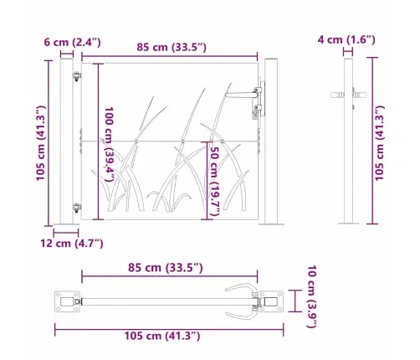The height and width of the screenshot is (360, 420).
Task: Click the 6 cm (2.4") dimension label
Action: tap(72, 43)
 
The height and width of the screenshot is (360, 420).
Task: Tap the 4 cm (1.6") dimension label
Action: tap(346, 39)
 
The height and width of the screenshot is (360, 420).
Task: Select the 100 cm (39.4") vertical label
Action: tap(109, 144)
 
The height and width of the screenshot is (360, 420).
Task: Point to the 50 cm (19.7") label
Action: tap(214, 181)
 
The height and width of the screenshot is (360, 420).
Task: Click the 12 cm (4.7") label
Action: tap(72, 244)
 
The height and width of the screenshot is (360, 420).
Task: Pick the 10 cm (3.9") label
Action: tap(312, 296)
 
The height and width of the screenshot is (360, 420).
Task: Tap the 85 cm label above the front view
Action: tap(172, 47)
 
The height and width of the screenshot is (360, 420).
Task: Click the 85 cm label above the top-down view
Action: tap(166, 268)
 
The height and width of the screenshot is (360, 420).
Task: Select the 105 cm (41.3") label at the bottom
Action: tap(162, 336)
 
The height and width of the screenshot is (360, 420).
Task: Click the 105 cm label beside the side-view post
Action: tap(380, 143)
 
